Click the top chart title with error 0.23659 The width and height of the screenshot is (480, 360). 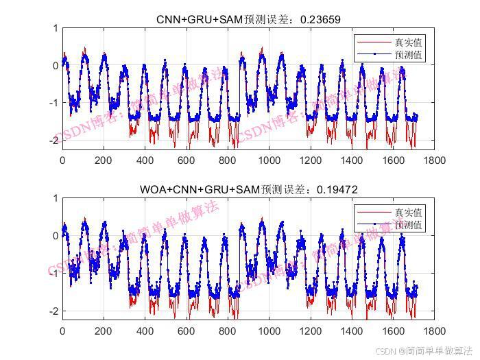pyautogui.click(x=248, y=19)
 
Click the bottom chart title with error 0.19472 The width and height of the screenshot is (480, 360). pyautogui.click(x=248, y=189)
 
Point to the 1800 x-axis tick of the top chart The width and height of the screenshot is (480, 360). pyautogui.click(x=434, y=160)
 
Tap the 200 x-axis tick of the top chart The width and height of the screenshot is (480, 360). pyautogui.click(x=104, y=160)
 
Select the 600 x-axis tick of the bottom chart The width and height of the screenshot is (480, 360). pyautogui.click(x=187, y=331)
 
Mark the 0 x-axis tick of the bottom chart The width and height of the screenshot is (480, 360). pyautogui.click(x=62, y=331)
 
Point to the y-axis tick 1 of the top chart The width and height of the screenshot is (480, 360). pyautogui.click(x=55, y=28)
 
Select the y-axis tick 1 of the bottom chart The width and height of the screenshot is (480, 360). pyautogui.click(x=55, y=198)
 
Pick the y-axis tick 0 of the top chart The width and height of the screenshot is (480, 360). pyautogui.click(x=55, y=66)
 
